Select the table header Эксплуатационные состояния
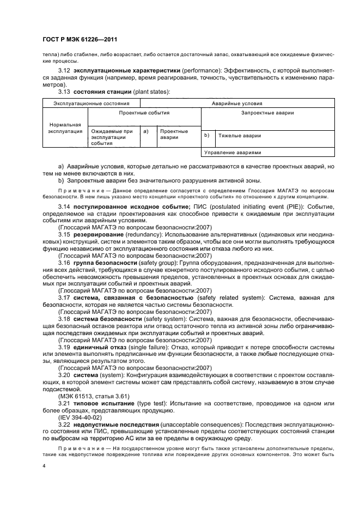[x=91, y=102]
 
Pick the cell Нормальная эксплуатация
[x=65, y=127]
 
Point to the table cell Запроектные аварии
[x=267, y=113]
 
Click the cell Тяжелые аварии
[x=240, y=135]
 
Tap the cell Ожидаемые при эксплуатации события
[x=112, y=137]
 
